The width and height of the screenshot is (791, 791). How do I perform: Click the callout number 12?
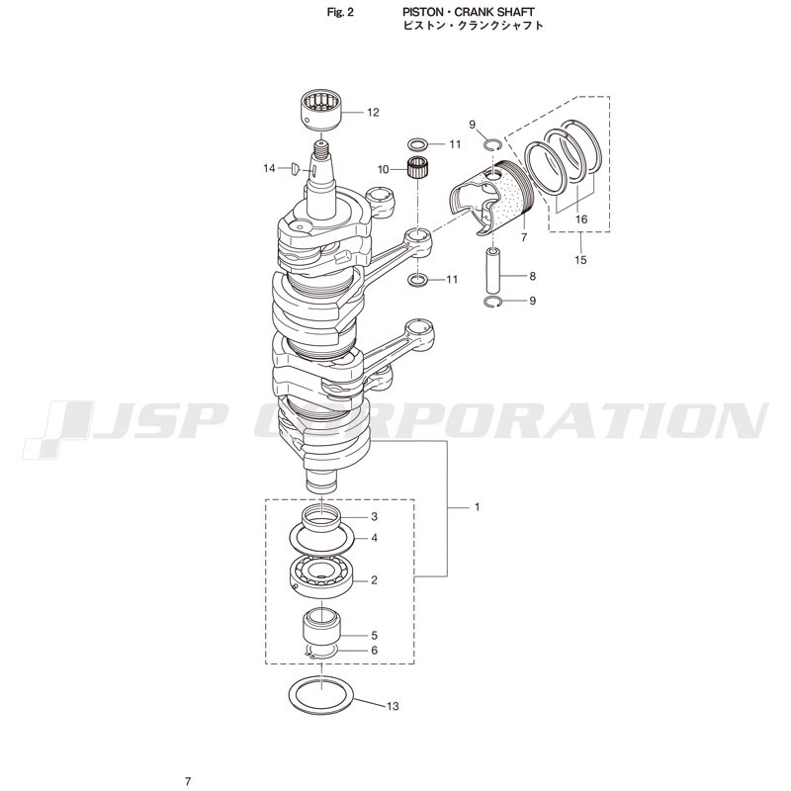[x=373, y=113]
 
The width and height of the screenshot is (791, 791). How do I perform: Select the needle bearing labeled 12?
[x=321, y=110]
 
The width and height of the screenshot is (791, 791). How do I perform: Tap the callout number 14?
[x=269, y=168]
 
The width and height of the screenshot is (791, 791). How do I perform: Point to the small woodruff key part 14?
[x=296, y=169]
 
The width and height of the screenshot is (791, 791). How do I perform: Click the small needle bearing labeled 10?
[x=417, y=168]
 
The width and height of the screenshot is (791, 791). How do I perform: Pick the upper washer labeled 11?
[x=417, y=144]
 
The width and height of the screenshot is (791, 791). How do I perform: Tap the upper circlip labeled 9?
[x=492, y=145]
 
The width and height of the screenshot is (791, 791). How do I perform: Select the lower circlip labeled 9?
[x=492, y=302]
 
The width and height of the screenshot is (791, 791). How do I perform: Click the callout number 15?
[x=580, y=260]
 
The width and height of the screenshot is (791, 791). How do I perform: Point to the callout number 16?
[x=581, y=219]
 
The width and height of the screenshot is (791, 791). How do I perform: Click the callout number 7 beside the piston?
[x=524, y=237]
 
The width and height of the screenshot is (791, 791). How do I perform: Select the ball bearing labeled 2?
[x=320, y=577]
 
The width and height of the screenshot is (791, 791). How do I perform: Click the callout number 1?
[x=478, y=507]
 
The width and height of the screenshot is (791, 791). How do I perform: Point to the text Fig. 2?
[x=340, y=13]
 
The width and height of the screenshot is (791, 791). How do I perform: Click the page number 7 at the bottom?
[x=188, y=781]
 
